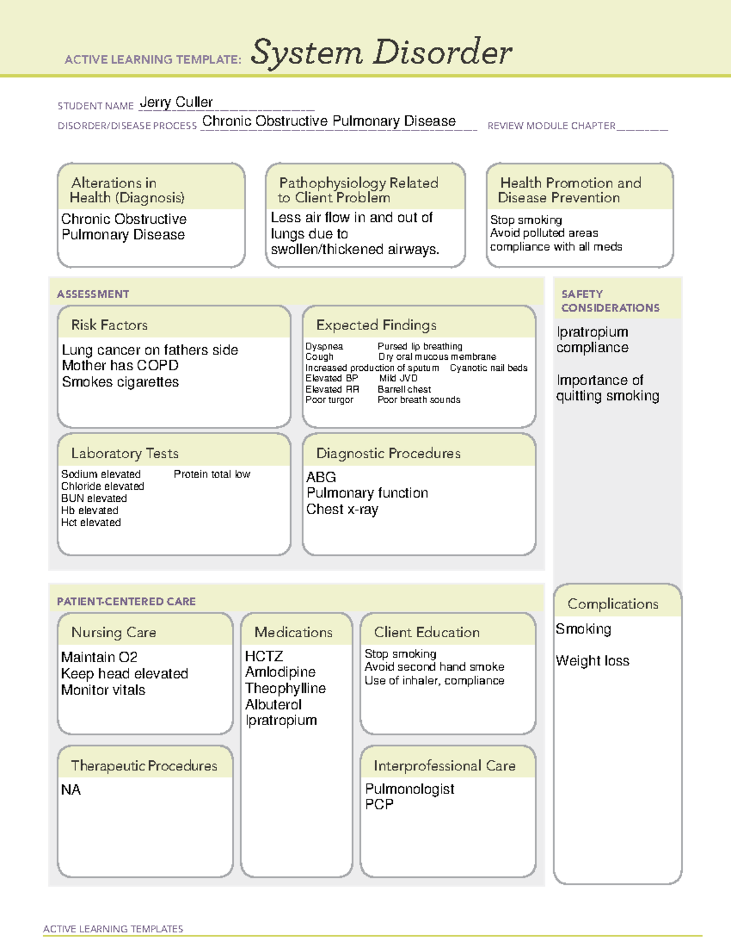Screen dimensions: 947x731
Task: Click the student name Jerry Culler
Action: pos(176,102)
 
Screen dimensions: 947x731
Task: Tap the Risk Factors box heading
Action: pos(110,325)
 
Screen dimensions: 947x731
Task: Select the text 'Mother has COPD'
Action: pos(120,365)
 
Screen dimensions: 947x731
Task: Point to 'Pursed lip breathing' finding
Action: pos(420,346)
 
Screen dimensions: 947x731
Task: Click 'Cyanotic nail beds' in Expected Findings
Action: pos(489,368)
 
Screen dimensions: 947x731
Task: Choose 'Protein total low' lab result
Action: pos(211,474)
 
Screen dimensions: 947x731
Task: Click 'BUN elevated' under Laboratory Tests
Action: pos(94,498)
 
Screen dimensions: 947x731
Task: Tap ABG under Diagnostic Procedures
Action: pos(321,477)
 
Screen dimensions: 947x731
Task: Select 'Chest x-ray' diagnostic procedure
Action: pos(342,509)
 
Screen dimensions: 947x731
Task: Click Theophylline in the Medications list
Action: pos(285,688)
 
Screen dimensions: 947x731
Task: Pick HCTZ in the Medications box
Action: pos(264,656)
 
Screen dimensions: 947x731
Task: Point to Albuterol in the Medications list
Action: pos(274,704)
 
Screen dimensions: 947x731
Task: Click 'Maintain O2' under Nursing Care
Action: pos(99,657)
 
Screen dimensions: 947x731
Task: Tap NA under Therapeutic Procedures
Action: pos(71,790)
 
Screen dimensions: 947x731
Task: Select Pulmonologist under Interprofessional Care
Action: pos(409,789)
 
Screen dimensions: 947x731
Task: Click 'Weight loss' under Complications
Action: pos(592,661)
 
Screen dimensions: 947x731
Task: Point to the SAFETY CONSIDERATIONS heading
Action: pos(610,301)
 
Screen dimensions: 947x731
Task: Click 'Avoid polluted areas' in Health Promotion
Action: pos(544,233)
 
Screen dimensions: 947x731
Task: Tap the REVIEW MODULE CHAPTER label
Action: pos(551,126)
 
